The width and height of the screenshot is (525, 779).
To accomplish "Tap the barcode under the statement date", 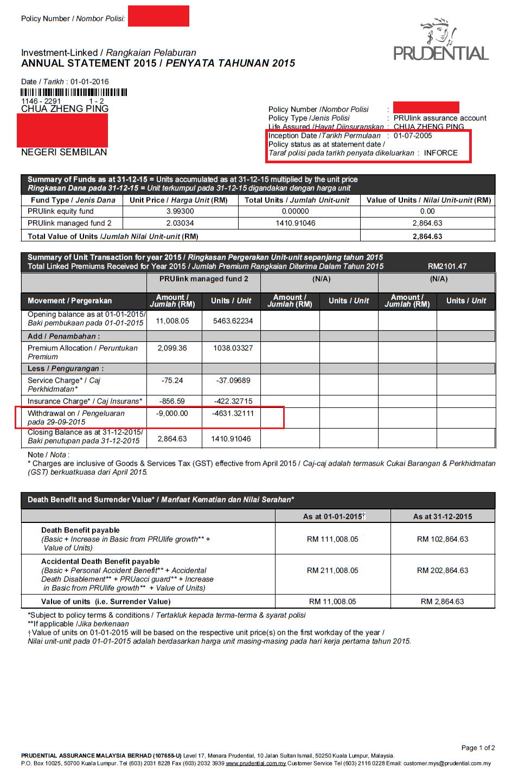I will click(x=74, y=92).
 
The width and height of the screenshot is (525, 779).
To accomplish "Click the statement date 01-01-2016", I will click(x=89, y=82).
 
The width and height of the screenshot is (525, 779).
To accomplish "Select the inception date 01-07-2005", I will click(x=413, y=136).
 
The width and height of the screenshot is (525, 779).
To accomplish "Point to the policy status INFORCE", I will click(x=440, y=153).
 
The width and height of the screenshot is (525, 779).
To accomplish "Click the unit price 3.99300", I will click(x=180, y=211).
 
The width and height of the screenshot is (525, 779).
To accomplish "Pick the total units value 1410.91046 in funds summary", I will click(x=295, y=223).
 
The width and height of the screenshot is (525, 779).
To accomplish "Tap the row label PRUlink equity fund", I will click(x=61, y=211).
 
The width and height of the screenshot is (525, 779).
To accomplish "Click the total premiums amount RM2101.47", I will click(x=447, y=266).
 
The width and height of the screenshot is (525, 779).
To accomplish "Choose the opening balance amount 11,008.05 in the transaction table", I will click(x=172, y=321).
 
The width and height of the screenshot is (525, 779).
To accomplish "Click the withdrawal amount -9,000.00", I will click(x=172, y=413).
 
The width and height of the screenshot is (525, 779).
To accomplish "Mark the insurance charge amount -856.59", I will click(x=172, y=401).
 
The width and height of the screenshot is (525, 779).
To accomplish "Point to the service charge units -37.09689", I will click(x=233, y=380).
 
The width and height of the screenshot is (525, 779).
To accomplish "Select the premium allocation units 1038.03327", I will click(x=233, y=348).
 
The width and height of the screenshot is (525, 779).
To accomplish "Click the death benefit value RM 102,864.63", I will click(x=443, y=539).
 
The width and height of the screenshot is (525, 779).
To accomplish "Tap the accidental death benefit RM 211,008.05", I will click(x=332, y=571).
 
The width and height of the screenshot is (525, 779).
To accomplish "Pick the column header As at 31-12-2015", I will click(x=443, y=516).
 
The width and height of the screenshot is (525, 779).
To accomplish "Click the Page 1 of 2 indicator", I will click(x=478, y=748).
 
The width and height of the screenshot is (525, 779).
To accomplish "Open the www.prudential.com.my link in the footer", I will click(x=255, y=763).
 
